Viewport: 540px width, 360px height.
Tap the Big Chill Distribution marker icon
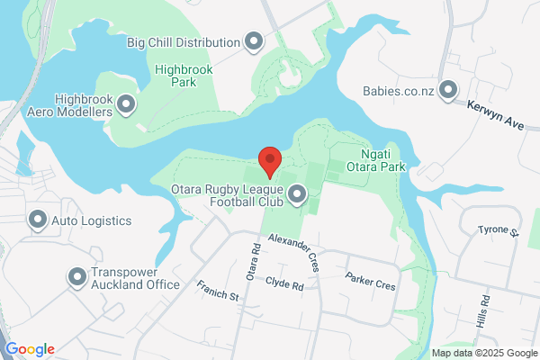pyautogui.click(x=254, y=41)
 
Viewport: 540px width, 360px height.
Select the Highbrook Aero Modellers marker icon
pyautogui.click(x=126, y=105)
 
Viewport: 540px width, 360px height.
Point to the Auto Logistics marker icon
pyautogui.click(x=38, y=220)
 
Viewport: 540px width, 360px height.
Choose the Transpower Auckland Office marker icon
pyautogui.click(x=77, y=277)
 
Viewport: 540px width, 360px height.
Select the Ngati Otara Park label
pyautogui.click(x=378, y=160)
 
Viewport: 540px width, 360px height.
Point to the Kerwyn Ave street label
pyautogui.click(x=495, y=115)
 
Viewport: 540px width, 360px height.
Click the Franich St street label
pyautogui.click(x=218, y=290)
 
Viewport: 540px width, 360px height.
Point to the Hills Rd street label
pyautogui.click(x=485, y=310)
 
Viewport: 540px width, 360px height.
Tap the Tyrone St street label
pyautogui.click(x=499, y=231)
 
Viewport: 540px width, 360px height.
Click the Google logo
pyautogui.click(x=30, y=349)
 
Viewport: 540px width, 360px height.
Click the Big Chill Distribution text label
pyautogui.click(x=184, y=41)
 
